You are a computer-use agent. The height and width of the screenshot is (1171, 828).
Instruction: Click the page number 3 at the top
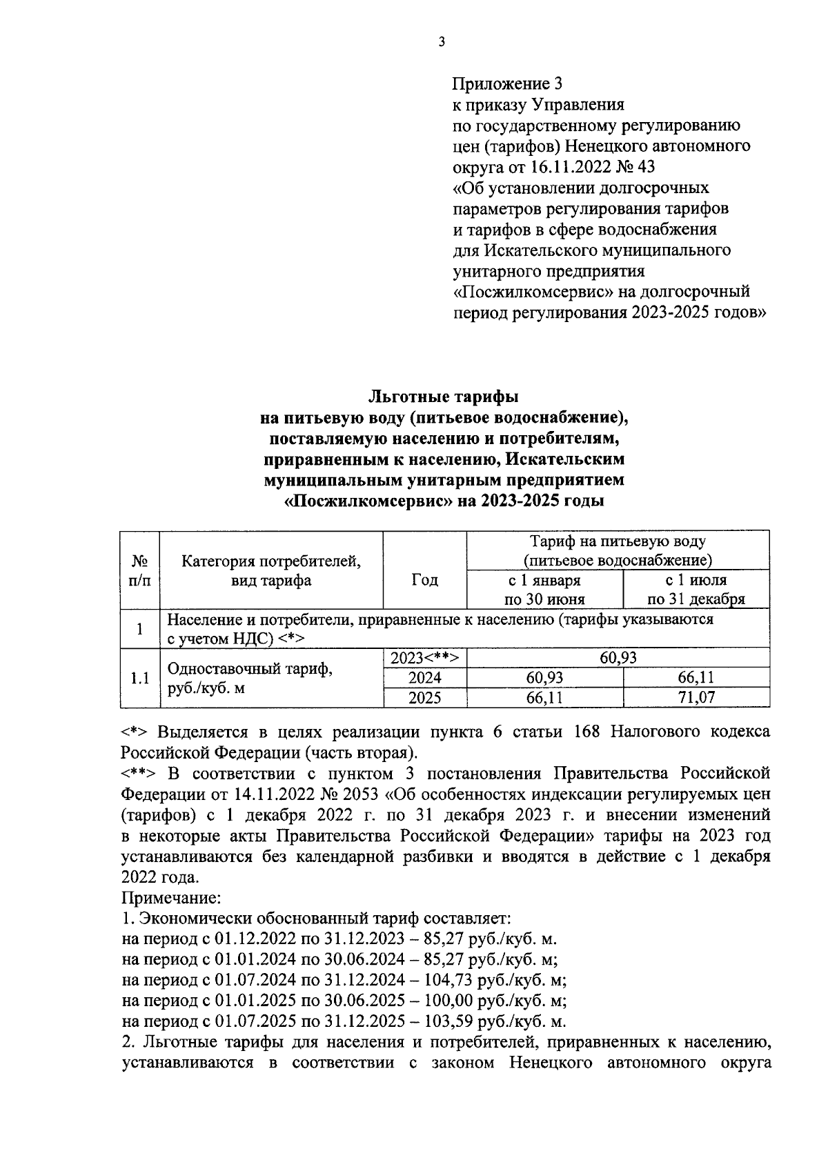[x=441, y=42]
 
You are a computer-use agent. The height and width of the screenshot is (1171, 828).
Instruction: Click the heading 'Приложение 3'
[x=507, y=84]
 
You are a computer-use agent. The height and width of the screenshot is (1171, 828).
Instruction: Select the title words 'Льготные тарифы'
[x=444, y=397]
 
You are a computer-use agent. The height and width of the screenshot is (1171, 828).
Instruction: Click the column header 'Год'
[x=424, y=581]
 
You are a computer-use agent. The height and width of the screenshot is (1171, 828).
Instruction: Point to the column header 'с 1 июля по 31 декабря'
[x=696, y=590]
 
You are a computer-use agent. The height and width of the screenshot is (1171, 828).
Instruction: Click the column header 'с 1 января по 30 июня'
[x=544, y=590]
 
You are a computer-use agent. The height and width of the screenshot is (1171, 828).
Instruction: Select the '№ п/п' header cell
[x=140, y=571]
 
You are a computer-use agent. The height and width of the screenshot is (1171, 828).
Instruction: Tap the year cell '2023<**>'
[x=424, y=658]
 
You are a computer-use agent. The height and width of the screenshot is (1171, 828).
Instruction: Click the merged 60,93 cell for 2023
[x=618, y=658]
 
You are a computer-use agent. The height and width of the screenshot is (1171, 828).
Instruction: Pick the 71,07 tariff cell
[x=696, y=697]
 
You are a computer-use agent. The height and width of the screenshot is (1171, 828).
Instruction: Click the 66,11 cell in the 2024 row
[x=696, y=678]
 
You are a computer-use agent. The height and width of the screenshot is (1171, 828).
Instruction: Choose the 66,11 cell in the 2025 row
[x=544, y=697]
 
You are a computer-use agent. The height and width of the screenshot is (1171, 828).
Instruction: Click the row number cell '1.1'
[x=140, y=678]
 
